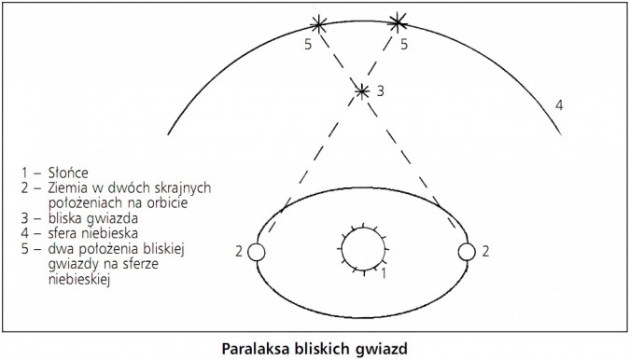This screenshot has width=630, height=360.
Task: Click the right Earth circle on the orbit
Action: (466, 251)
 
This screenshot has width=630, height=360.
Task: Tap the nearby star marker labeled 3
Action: (362, 90)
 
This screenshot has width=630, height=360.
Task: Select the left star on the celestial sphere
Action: (320, 24)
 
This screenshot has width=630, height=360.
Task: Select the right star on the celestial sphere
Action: (399, 21)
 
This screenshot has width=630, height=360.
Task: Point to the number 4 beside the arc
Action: (560, 104)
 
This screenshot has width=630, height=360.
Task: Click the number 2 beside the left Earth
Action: (240, 252)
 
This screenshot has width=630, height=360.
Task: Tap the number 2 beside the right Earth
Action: (485, 251)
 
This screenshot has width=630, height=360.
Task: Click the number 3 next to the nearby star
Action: (380, 91)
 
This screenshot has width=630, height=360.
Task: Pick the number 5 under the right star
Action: (403, 43)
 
